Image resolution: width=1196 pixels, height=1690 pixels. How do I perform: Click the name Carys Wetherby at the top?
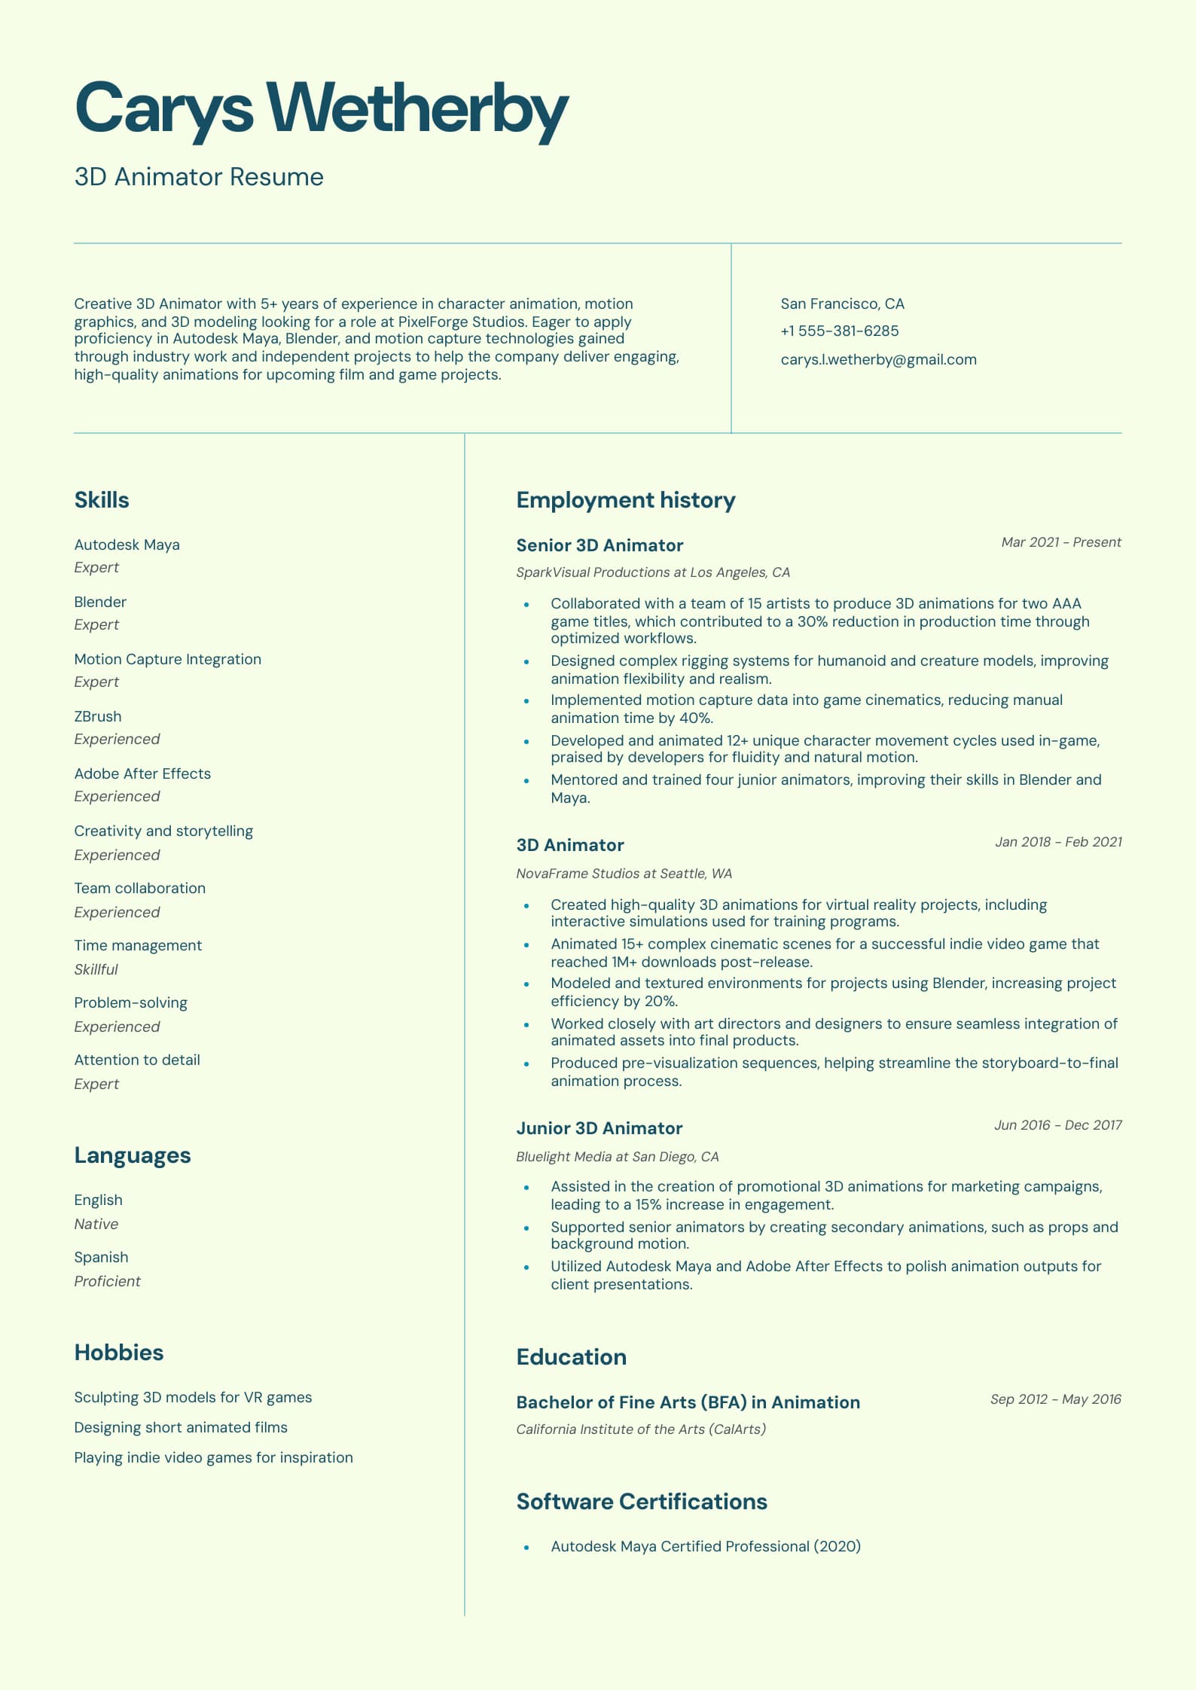click(x=321, y=108)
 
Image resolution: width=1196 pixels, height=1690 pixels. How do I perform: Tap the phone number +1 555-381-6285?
click(x=839, y=331)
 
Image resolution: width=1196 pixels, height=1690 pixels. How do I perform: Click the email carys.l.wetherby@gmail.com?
click(x=878, y=360)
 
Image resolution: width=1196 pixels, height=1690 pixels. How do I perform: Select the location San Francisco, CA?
click(x=842, y=304)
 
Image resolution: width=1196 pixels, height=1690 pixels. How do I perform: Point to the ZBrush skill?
click(x=98, y=717)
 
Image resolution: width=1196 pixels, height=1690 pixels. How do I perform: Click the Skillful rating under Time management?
click(x=96, y=970)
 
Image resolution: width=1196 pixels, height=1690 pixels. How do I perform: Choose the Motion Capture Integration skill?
click(x=167, y=660)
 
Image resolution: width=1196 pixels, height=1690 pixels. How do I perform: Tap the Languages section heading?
click(x=133, y=1155)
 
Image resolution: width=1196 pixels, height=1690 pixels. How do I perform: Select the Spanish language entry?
click(x=101, y=1258)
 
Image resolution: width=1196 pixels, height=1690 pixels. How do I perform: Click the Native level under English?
click(x=96, y=1225)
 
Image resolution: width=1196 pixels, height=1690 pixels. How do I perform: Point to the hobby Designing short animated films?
click(x=181, y=1428)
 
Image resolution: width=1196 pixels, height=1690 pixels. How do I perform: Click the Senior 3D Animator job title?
click(x=600, y=545)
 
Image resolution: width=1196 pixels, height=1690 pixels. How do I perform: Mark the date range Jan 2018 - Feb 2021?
click(x=1058, y=842)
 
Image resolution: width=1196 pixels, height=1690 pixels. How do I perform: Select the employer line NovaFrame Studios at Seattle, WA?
click(x=624, y=874)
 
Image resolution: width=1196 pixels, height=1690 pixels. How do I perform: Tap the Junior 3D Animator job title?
click(x=599, y=1128)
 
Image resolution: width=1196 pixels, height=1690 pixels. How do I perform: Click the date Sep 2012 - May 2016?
click(x=1055, y=1399)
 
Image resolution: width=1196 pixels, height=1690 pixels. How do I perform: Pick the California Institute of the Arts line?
click(x=640, y=1429)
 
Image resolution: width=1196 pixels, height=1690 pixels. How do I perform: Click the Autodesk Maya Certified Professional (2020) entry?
click(x=705, y=1547)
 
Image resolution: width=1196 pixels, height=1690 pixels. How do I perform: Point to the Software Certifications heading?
click(x=642, y=1502)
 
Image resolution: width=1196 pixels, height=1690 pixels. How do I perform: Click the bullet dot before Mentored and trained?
click(x=526, y=781)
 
